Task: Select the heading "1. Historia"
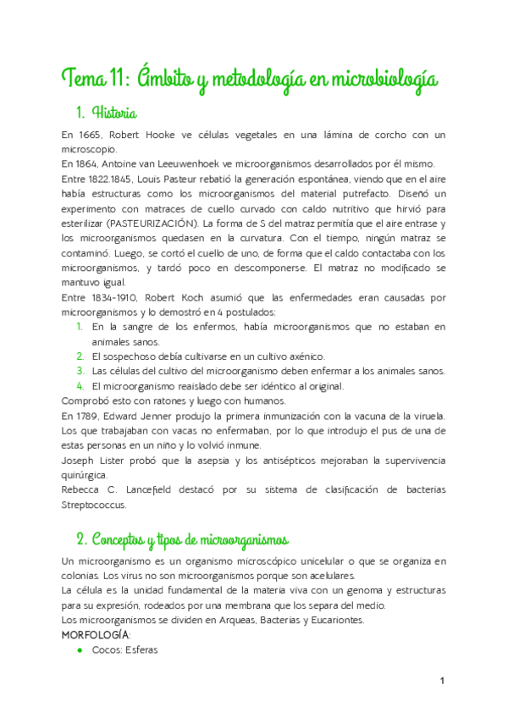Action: click(107, 112)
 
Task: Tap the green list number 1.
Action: click(79, 327)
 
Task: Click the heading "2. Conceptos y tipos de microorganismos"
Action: click(182, 539)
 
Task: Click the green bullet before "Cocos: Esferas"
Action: click(79, 649)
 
